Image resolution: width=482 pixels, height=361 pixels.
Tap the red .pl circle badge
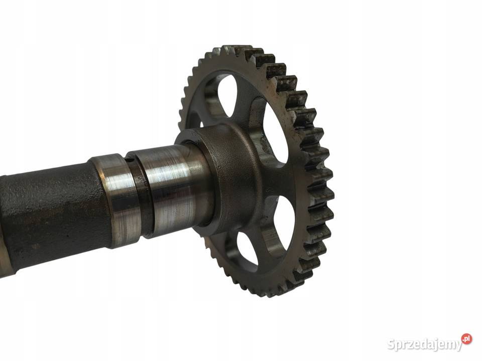tap(466, 338)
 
